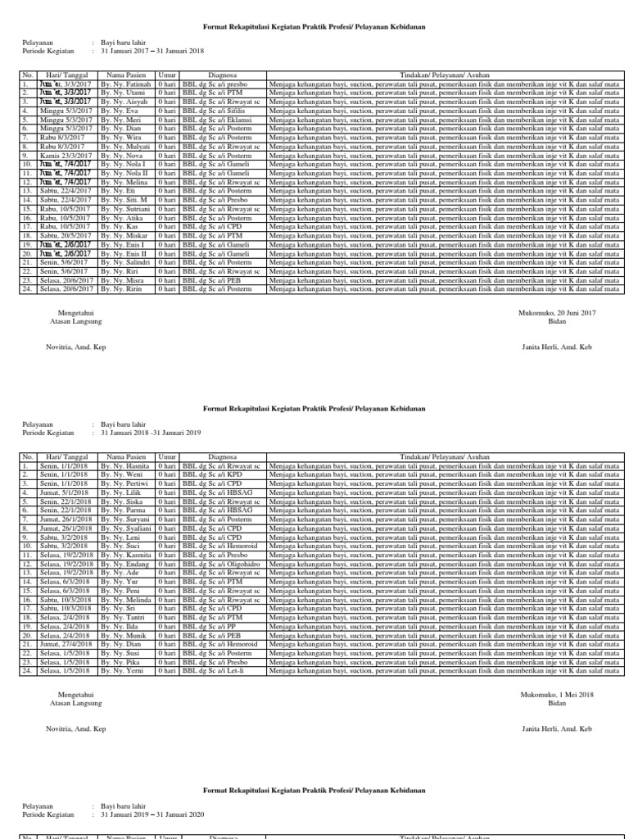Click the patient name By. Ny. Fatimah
(x=127, y=84)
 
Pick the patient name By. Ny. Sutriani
(x=127, y=209)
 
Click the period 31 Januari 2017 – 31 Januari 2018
(x=152, y=51)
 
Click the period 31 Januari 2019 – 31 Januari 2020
(x=152, y=815)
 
